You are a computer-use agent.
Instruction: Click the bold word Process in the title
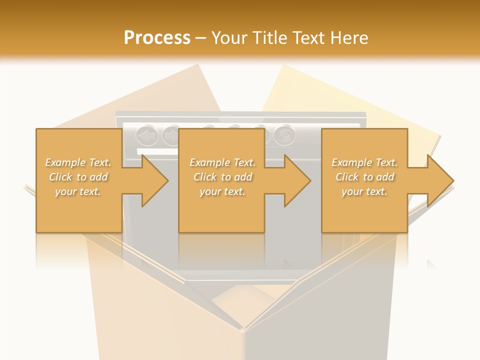tap(157, 37)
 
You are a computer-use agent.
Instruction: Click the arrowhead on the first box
tap(152, 180)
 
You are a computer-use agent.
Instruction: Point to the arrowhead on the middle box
tap(295, 180)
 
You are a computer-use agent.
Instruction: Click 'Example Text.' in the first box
tap(78, 162)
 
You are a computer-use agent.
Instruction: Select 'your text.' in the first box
tap(78, 191)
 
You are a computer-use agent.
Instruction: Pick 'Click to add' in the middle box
tap(222, 177)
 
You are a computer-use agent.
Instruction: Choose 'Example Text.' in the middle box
tap(222, 162)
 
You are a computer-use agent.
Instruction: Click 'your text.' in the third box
tap(364, 191)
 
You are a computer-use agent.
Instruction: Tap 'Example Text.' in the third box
tap(364, 162)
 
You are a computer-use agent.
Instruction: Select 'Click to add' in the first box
tap(78, 177)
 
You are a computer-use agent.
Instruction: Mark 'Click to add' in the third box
tap(364, 177)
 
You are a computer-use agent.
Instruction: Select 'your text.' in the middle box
tap(222, 191)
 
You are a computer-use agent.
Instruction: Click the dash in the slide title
tap(201, 38)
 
